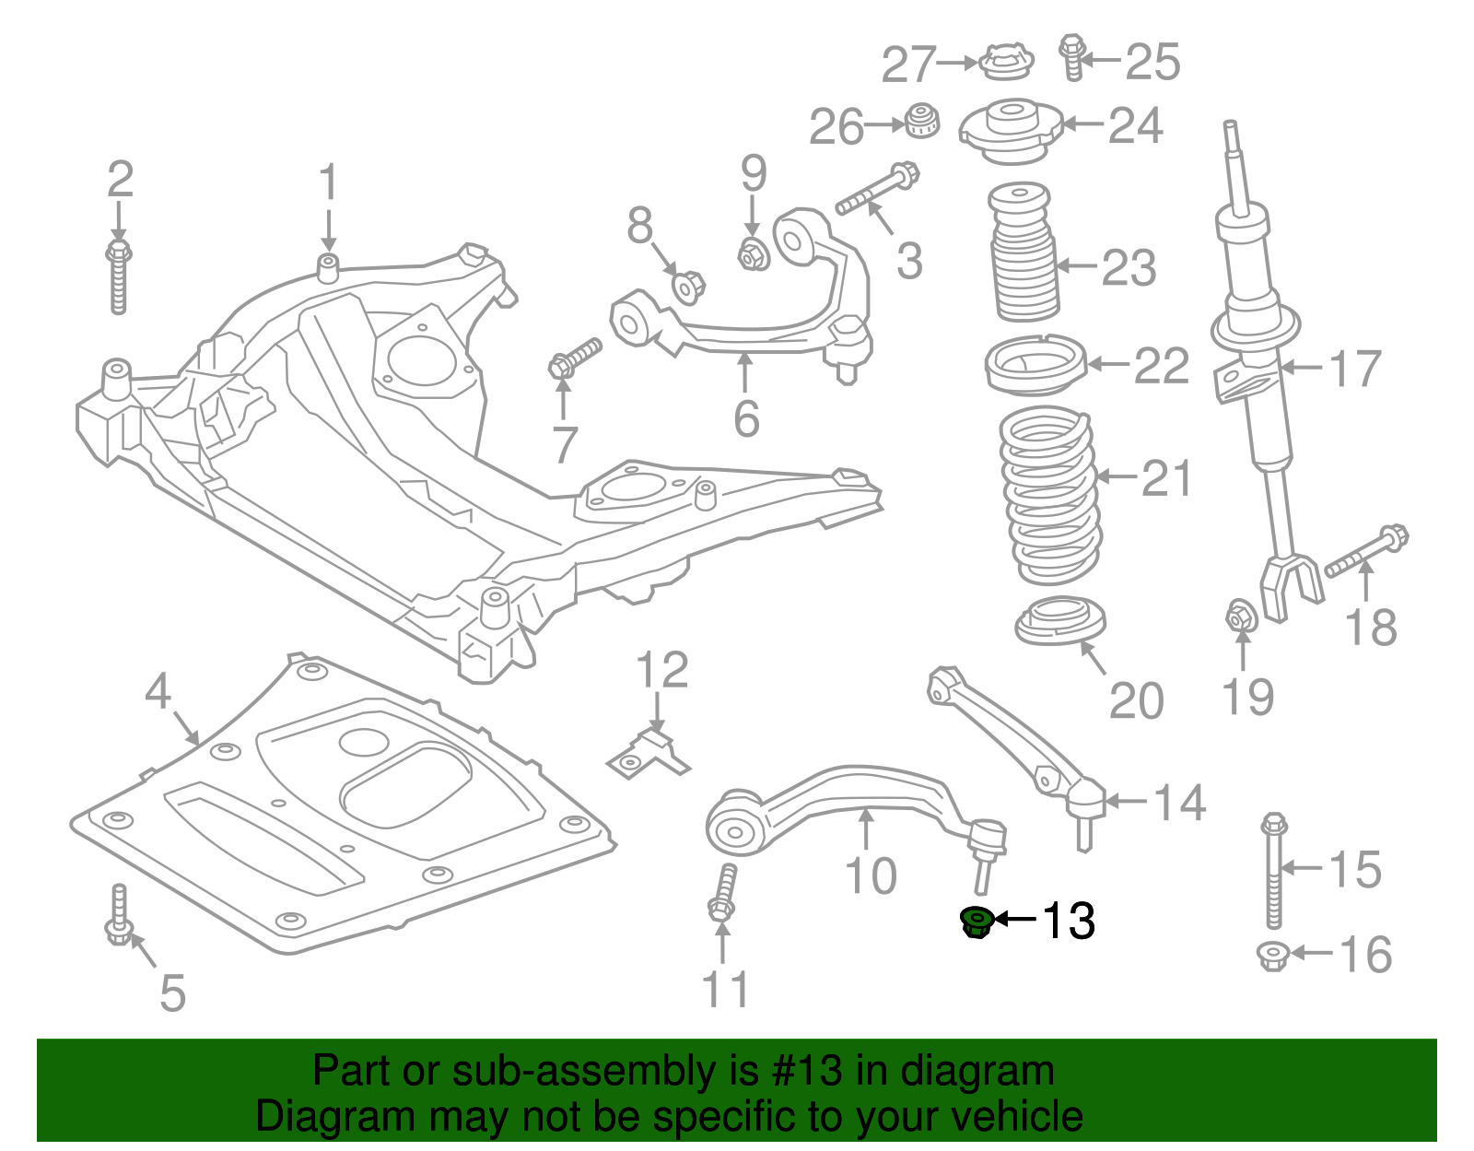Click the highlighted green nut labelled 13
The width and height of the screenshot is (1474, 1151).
click(976, 922)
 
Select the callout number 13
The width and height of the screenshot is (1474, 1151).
click(1068, 921)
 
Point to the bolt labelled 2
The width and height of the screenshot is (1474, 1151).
click(118, 276)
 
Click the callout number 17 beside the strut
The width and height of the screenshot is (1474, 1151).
click(1354, 369)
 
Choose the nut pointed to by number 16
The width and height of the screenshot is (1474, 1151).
click(1272, 955)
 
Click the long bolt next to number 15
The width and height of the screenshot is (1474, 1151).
click(1273, 870)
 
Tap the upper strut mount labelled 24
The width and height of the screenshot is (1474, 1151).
click(1012, 131)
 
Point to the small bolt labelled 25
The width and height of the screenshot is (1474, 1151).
click(1070, 57)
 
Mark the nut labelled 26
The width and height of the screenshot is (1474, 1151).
click(920, 121)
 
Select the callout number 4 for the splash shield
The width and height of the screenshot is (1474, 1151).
click(158, 690)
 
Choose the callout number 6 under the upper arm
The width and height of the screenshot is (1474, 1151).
click(746, 418)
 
